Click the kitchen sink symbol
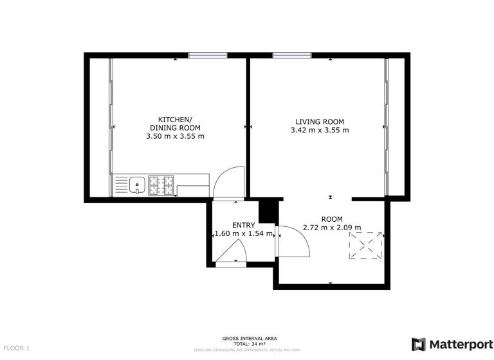(136, 186)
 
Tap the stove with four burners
(161, 186)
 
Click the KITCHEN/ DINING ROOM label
(175, 123)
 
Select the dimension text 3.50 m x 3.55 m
(175, 136)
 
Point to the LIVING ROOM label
(320, 122)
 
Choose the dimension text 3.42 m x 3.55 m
(320, 130)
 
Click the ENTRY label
(244, 224)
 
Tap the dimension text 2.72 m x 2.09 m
(332, 228)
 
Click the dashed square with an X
(366, 246)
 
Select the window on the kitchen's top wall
(207, 55)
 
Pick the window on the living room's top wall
(291, 55)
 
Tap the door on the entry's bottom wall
(230, 256)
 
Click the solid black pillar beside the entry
(267, 211)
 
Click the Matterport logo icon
(419, 344)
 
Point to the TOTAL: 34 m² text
(249, 344)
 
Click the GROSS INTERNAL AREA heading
(249, 338)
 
